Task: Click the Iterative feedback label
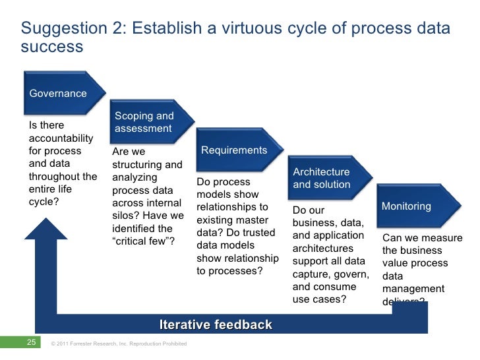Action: point(215,324)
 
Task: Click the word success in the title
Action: point(52,47)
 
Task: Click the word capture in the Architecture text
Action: point(311,274)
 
